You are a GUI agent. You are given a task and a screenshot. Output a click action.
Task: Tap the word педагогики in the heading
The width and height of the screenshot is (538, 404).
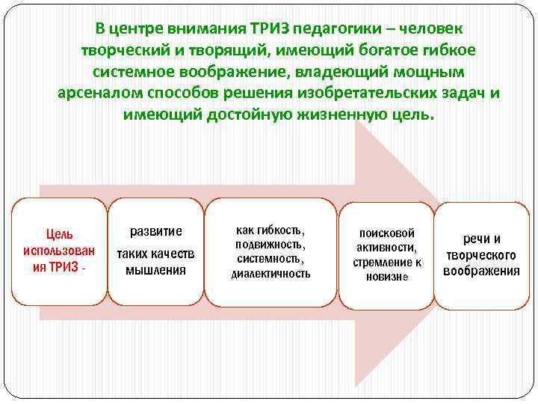pyautogui.click(x=336, y=29)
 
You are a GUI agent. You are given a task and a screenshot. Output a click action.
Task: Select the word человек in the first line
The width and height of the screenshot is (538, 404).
pyautogui.click(x=433, y=29)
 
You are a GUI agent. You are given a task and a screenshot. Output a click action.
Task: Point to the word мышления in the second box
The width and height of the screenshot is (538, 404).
pyautogui.click(x=155, y=270)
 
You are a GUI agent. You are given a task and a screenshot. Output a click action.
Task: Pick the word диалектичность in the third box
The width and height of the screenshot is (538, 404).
pyautogui.click(x=270, y=274)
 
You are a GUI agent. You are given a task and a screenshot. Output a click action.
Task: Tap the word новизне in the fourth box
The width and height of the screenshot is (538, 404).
pyautogui.click(x=387, y=277)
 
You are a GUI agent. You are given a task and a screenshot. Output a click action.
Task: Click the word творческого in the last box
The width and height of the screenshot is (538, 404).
pyautogui.click(x=481, y=255)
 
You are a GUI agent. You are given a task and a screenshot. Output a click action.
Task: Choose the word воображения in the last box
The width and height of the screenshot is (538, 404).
pyautogui.click(x=481, y=271)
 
